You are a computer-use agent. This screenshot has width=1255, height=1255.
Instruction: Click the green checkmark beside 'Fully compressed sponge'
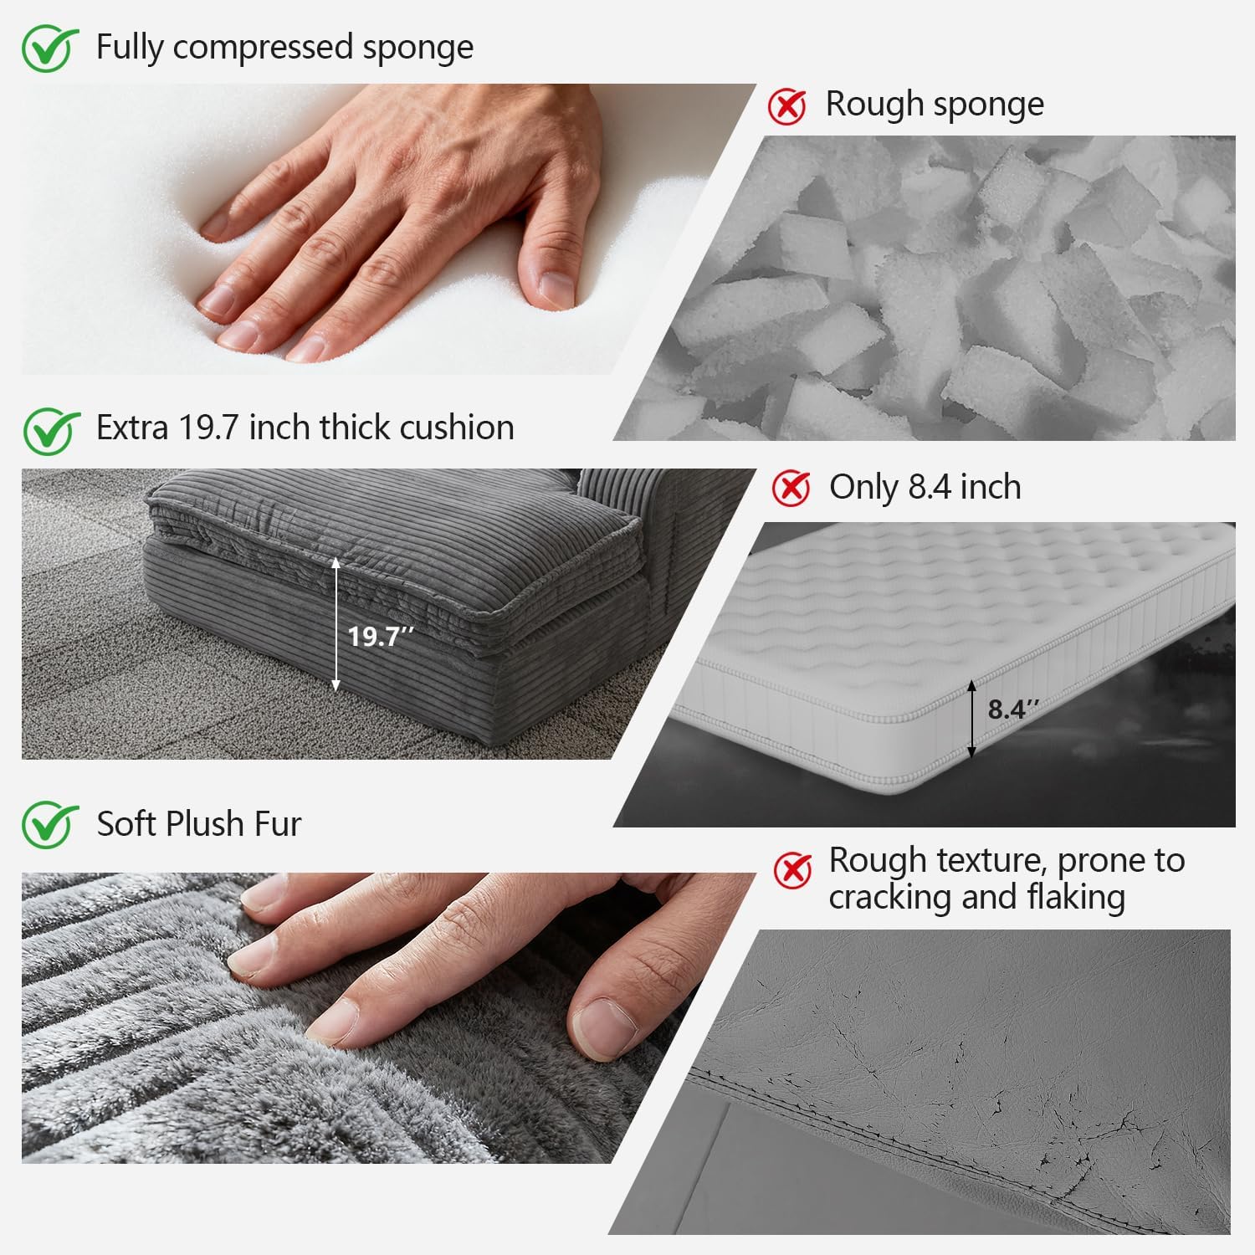[x=50, y=49]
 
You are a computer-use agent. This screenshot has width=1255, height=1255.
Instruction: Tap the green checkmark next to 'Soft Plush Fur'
[x=50, y=824]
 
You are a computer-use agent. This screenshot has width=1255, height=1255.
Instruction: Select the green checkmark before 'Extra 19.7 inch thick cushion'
[x=50, y=430]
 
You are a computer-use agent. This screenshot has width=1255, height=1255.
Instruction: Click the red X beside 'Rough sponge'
[x=787, y=106]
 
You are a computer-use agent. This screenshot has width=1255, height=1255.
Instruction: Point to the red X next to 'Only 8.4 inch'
[x=791, y=488]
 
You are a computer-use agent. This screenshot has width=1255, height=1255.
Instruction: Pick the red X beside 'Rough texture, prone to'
[x=792, y=870]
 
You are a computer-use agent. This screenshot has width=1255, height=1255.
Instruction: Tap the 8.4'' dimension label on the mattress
[x=1013, y=709]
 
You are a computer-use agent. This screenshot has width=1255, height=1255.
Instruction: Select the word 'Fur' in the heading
[x=278, y=824]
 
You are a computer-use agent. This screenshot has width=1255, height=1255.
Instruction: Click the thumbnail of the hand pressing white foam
[x=389, y=229]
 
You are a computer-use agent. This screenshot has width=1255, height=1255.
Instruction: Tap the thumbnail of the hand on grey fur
[x=389, y=1018]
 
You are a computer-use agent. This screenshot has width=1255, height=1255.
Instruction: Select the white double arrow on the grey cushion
[x=336, y=624]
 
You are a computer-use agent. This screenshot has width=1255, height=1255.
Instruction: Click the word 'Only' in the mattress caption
[x=863, y=488]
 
